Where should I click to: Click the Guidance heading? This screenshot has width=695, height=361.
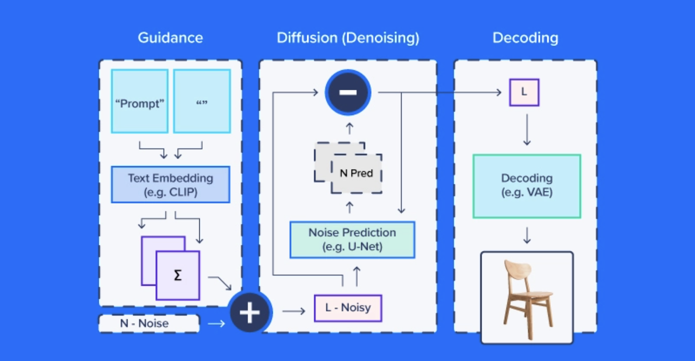[x=170, y=38]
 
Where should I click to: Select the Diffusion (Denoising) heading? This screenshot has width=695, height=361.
[x=348, y=38]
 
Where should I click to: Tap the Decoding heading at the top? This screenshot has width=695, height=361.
[x=525, y=38]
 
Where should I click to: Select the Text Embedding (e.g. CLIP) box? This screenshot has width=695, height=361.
[x=170, y=185]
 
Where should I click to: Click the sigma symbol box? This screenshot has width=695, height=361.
[x=178, y=276]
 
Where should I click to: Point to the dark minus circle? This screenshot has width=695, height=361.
[x=348, y=92]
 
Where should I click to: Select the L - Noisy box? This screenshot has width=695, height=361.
[x=348, y=308]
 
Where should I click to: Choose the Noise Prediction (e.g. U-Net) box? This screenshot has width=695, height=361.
[x=352, y=240]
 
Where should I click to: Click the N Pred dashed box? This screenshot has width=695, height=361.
[x=356, y=173]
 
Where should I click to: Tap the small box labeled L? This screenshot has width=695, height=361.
[x=524, y=92]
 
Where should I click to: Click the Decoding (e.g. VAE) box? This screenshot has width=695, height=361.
[x=527, y=186]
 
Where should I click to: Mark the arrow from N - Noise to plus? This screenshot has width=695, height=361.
[x=216, y=324]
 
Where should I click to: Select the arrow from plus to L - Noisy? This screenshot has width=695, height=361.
[x=294, y=312]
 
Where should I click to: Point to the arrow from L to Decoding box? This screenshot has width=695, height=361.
[x=527, y=130]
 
